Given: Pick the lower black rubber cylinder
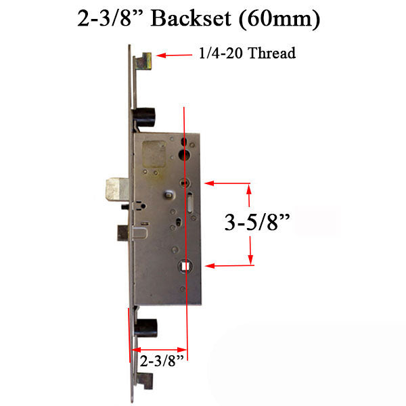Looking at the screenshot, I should click(145, 328).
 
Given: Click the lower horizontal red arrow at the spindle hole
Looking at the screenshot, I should click(230, 267).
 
